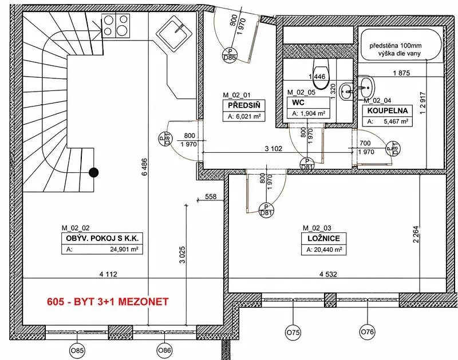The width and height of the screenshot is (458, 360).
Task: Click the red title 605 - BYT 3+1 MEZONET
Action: [x=108, y=301]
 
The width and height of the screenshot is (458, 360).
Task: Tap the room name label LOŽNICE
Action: [x=323, y=238]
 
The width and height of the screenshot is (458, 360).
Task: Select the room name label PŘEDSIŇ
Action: [x=242, y=105]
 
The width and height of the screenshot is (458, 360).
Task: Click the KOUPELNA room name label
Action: [x=388, y=110]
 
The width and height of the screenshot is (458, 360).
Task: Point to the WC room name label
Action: [x=298, y=102]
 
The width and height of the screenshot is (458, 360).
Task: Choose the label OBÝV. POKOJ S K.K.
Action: [x=102, y=238]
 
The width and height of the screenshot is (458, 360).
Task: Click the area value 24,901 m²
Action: [x=124, y=250]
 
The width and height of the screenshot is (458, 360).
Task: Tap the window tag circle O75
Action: [x=293, y=333]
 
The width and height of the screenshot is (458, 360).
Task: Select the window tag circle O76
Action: [x=367, y=332]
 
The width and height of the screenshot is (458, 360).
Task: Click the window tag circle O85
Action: [x=77, y=350]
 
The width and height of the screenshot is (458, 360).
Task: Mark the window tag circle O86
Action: [x=164, y=350]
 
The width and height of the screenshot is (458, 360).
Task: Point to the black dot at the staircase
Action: [x=93, y=172]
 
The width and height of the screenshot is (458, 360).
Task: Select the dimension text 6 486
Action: [x=145, y=167]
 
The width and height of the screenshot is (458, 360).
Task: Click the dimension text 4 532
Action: [x=328, y=274]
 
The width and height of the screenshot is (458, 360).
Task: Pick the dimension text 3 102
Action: [x=274, y=149]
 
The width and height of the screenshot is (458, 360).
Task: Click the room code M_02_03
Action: [x=317, y=228]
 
